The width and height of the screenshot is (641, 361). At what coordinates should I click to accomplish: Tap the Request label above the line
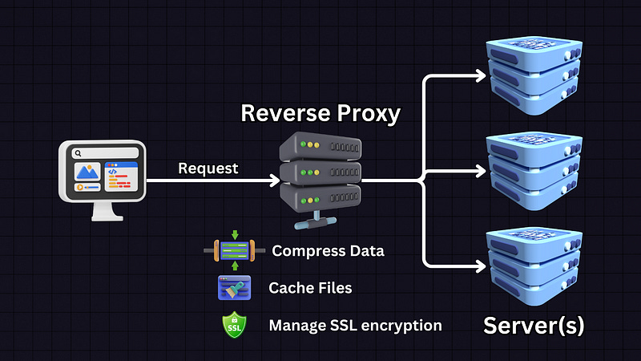pyautogui.click(x=208, y=168)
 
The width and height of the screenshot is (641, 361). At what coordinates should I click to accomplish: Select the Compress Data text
pyautogui.click(x=328, y=251)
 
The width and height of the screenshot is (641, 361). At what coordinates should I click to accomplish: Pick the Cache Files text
pyautogui.click(x=310, y=287)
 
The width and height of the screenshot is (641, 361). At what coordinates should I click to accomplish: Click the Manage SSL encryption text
pyautogui.click(x=355, y=326)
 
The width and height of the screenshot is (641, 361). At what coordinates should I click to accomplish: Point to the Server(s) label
pyautogui.click(x=534, y=327)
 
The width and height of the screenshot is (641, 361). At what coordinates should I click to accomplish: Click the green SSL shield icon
pyautogui.click(x=235, y=325)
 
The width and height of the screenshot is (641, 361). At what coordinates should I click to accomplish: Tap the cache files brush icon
pyautogui.click(x=234, y=287)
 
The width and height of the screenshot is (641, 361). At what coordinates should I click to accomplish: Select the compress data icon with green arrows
pyautogui.click(x=234, y=251)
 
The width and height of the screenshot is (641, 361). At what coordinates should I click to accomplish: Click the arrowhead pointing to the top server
pyautogui.click(x=482, y=76)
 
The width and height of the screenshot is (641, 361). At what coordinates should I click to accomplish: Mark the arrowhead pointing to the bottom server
pyautogui.click(x=482, y=264)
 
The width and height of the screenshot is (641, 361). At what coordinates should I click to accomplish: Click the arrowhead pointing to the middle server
pyautogui.click(x=482, y=170)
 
